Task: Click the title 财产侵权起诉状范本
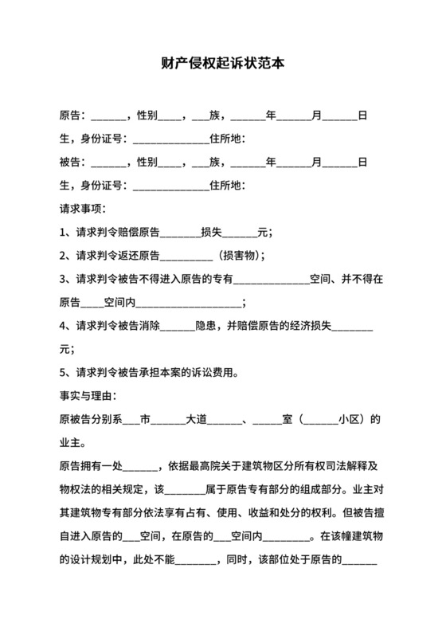pyautogui.click(x=222, y=63)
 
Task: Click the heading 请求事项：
pyautogui.click(x=83, y=210)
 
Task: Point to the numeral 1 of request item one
pyautogui.click(x=63, y=233)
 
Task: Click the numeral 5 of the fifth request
pyautogui.click(x=63, y=371)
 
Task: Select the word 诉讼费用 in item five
pyautogui.click(x=237, y=371)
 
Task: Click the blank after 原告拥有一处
pyautogui.click(x=141, y=465)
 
